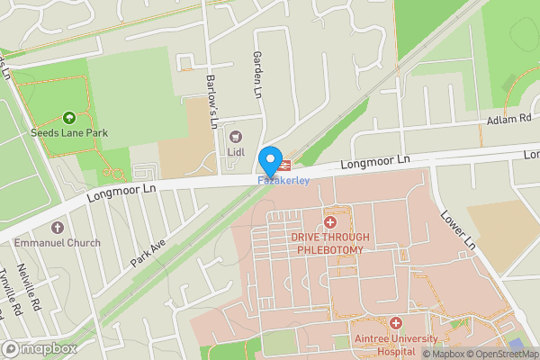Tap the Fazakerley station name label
283,181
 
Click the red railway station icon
285,165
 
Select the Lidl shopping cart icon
237,137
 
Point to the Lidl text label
237,152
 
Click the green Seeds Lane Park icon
69,118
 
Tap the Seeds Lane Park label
70,133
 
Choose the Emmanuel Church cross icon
58,228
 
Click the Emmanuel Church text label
58,242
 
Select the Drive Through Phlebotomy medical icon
330,221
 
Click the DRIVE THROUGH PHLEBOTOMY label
330,243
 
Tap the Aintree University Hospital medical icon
396,321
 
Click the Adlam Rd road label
510,119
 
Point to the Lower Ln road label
456,230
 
